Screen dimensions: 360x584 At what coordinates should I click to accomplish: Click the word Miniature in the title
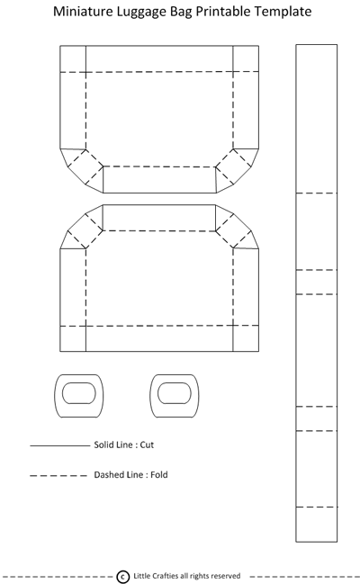(x=83, y=11)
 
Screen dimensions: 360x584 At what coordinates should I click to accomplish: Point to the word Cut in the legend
(x=147, y=445)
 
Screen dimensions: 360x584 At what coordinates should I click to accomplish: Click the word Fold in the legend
(x=159, y=475)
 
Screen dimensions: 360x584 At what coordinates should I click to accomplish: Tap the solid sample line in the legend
(x=60, y=445)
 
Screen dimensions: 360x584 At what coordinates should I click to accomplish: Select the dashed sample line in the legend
(x=58, y=476)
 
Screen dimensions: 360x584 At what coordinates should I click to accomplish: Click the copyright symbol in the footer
(x=123, y=577)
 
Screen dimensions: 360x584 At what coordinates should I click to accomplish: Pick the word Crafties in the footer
(x=165, y=576)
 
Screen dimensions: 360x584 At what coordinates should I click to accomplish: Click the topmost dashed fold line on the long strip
(x=317, y=193)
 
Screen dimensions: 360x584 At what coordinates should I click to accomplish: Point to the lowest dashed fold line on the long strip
(x=317, y=507)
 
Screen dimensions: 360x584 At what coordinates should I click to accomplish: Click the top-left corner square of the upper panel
(x=73, y=58)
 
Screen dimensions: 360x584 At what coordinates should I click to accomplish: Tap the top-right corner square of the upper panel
(x=246, y=58)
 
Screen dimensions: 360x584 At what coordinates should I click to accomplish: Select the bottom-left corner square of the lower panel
(x=73, y=338)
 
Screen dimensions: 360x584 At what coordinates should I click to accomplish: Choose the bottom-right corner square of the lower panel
(x=246, y=338)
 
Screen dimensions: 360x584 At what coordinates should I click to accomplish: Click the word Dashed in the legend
(x=109, y=475)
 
